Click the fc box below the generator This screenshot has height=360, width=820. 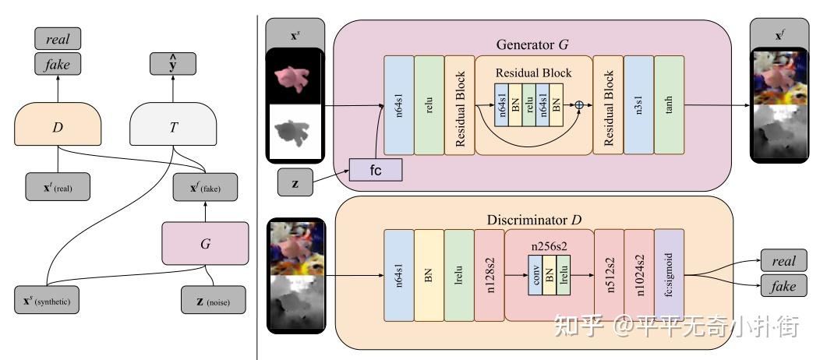click(x=377, y=170)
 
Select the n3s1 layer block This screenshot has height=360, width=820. click(x=639, y=105)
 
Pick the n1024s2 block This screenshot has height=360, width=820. click(x=639, y=274)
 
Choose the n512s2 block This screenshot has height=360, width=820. click(x=609, y=274)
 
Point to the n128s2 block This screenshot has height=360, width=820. click(x=489, y=274)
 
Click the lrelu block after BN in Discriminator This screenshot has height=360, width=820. click(x=458, y=274)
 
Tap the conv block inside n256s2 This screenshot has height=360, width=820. click(x=536, y=274)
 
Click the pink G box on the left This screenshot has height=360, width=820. click(x=205, y=242)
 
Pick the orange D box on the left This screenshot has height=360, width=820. click(x=58, y=124)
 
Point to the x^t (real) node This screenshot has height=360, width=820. click(x=58, y=186)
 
